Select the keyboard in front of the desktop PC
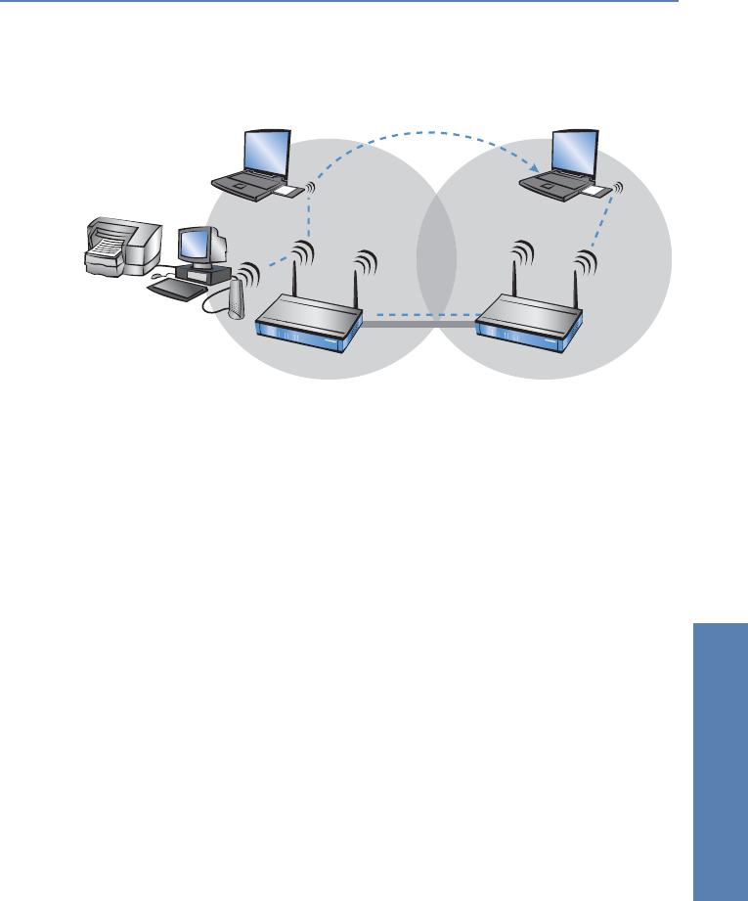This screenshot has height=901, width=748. (176, 290)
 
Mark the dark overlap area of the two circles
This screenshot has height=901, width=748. (436, 259)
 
